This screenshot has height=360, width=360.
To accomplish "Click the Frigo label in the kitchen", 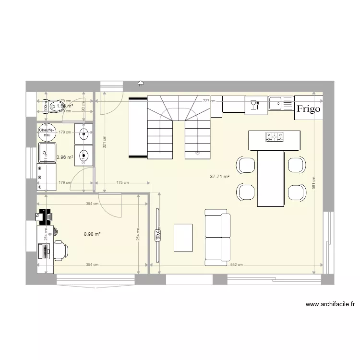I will [308, 109].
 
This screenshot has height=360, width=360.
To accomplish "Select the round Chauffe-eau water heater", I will [47, 132].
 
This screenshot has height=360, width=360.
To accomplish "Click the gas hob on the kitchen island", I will [274, 137].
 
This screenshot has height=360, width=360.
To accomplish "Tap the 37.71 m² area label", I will [219, 177].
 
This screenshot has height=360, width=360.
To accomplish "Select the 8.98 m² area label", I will [92, 234].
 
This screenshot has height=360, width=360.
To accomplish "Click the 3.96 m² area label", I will [65, 157].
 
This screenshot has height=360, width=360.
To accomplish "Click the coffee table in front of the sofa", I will [183, 237].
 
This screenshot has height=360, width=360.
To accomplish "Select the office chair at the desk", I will [60, 250].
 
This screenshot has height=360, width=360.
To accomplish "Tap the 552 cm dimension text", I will [235, 265].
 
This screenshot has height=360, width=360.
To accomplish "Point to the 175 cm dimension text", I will [123, 182].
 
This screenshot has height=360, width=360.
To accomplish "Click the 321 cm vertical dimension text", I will [104, 142].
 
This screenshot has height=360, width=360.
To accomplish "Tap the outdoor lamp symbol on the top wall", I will [141, 84].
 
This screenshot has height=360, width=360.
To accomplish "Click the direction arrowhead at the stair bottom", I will [198, 155].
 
